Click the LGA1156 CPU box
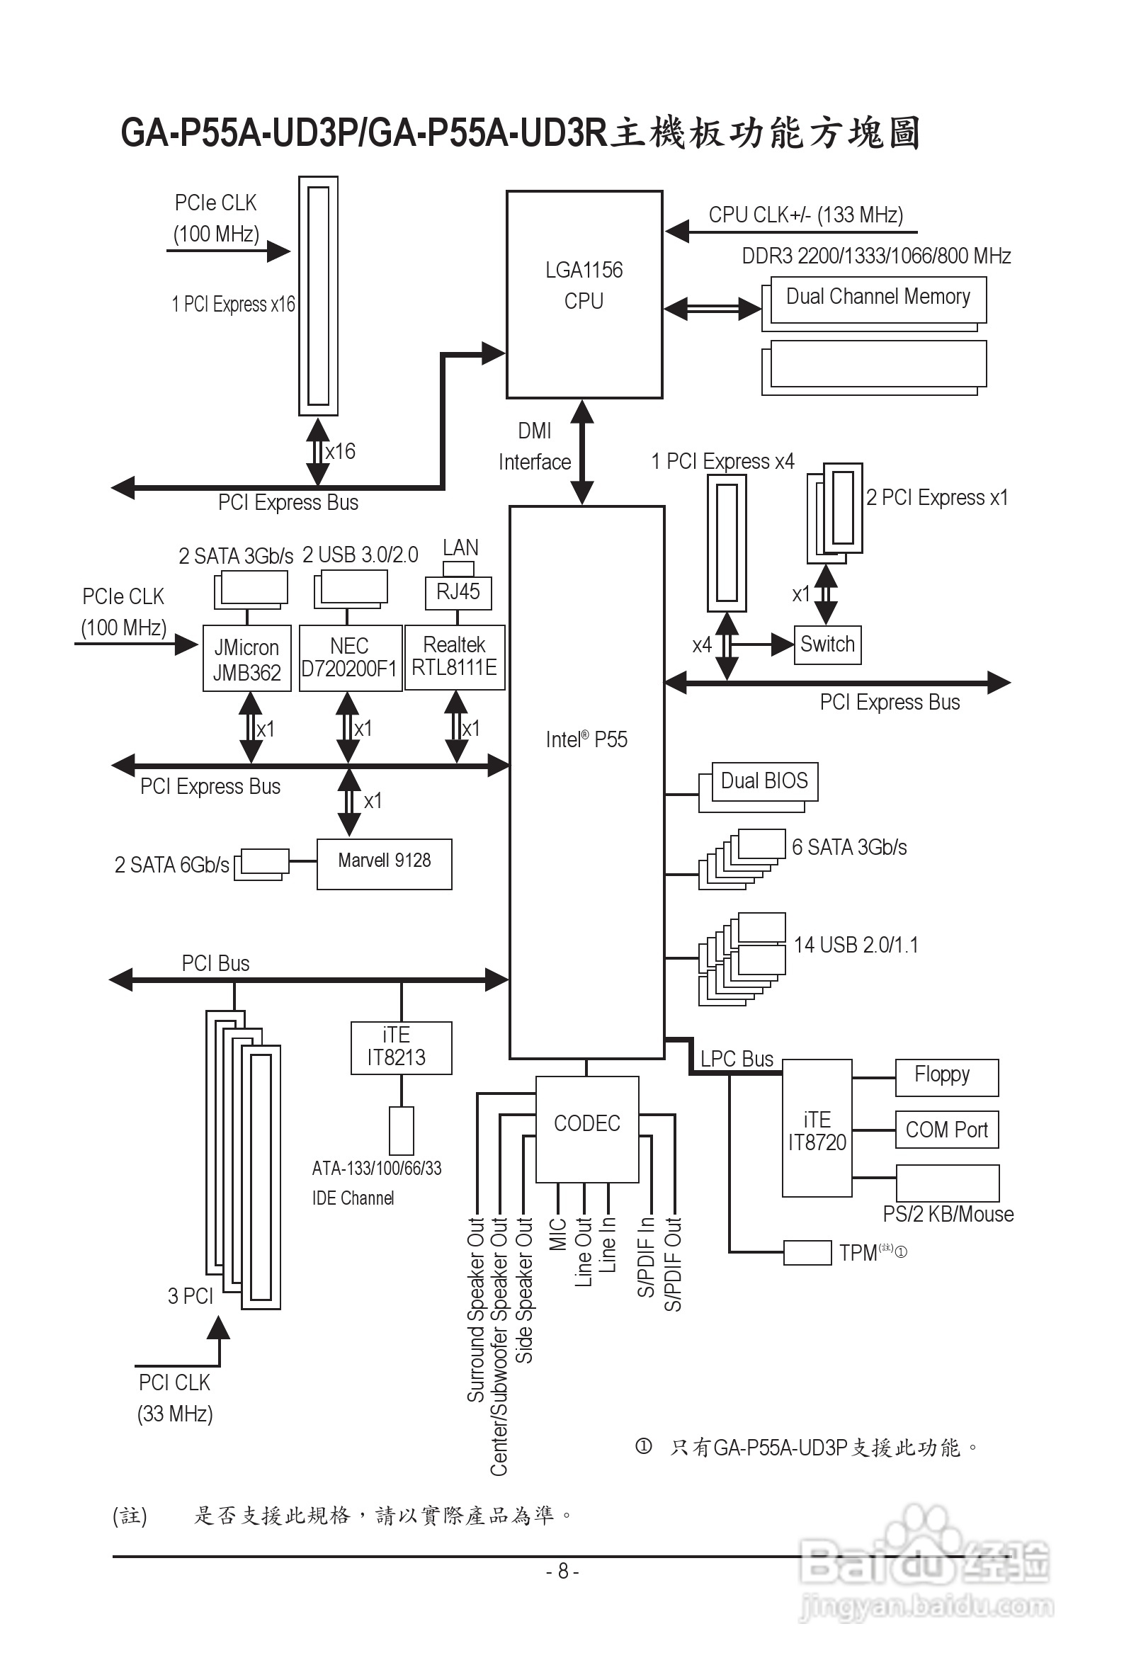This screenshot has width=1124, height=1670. click(x=584, y=294)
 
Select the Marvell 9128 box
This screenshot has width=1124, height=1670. click(x=384, y=863)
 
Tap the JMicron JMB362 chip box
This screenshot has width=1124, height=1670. click(x=246, y=659)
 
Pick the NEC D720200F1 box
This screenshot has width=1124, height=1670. click(x=350, y=657)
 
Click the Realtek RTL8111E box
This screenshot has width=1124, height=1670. click(x=455, y=657)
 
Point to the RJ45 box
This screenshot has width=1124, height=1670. click(x=458, y=593)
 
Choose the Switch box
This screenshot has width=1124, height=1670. click(x=827, y=644)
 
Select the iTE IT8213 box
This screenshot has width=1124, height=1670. click(x=401, y=1047)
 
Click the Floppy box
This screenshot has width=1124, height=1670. click(x=946, y=1077)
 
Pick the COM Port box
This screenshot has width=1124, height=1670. click(x=946, y=1130)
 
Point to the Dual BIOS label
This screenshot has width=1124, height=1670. click(x=764, y=781)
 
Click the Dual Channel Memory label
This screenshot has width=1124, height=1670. click(x=878, y=297)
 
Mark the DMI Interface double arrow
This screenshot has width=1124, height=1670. click(x=582, y=452)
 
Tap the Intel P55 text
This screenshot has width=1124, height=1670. click(x=586, y=739)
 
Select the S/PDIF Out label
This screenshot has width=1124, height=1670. click(x=673, y=1263)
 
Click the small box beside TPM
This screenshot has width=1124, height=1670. click(x=807, y=1252)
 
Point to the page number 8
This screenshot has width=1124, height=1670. click(x=563, y=1571)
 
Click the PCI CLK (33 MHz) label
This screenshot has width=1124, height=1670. click(x=175, y=1397)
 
